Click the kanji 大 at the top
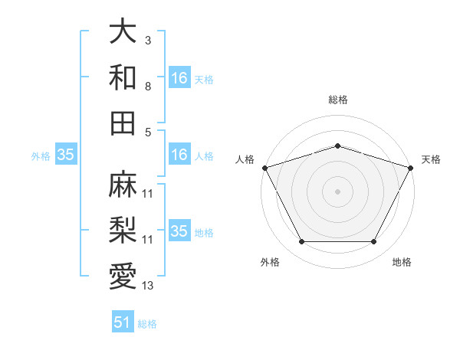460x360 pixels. (123, 32)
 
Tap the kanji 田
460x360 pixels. (123, 123)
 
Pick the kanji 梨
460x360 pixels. (123, 230)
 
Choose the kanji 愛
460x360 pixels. (123, 276)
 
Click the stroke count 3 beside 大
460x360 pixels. (147, 39)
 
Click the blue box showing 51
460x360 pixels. (123, 322)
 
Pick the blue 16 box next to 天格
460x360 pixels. (179, 78)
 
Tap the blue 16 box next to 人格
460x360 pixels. (179, 155)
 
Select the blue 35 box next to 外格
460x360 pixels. (66, 155)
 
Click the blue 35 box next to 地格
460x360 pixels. (179, 231)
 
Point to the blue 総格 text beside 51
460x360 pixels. (147, 324)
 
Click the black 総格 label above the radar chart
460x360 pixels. (337, 100)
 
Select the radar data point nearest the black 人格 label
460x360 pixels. (264, 167)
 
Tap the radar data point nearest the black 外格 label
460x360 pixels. (301, 242)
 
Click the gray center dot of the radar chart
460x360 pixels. (337, 191)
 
